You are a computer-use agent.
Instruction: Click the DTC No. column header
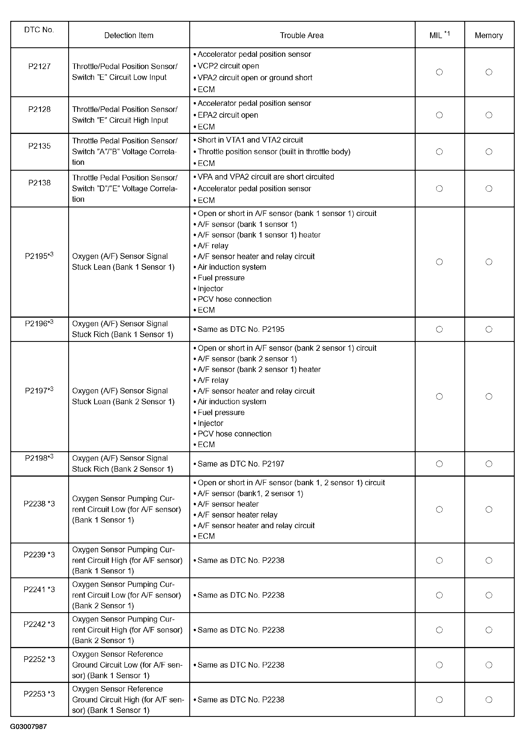(39, 30)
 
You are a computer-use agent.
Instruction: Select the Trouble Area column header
(301, 36)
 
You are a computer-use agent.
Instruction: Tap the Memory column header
(489, 36)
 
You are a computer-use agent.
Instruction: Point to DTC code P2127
(39, 67)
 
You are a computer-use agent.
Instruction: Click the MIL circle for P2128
(440, 115)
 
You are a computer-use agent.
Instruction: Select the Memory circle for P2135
(489, 151)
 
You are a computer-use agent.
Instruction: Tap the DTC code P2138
(39, 183)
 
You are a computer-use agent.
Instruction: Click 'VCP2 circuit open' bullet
(228, 66)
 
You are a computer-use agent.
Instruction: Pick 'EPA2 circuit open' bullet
(228, 115)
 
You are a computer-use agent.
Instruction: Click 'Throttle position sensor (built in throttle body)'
(274, 151)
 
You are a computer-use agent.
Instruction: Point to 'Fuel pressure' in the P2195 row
(221, 278)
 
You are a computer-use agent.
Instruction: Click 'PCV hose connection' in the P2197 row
(234, 434)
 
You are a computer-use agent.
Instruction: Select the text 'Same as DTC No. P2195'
(241, 329)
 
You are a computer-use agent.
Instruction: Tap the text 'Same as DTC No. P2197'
(241, 464)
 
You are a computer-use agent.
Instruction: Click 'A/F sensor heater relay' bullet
(237, 515)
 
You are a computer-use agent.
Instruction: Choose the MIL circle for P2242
(440, 630)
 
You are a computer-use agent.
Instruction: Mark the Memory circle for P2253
(489, 699)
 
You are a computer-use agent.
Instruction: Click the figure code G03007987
(28, 727)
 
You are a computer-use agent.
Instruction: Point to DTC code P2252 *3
(39, 659)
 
